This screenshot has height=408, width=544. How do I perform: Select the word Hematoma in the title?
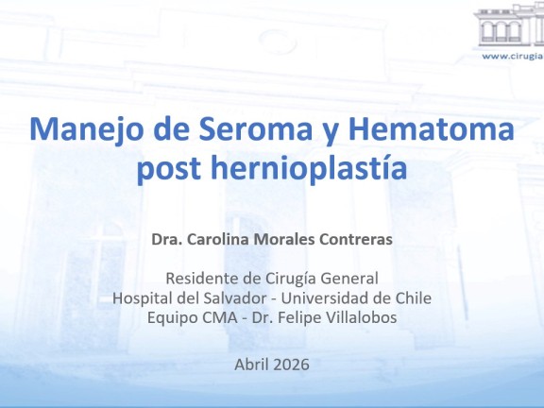tap(431, 128)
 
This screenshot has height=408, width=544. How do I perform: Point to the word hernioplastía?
tap(309, 167)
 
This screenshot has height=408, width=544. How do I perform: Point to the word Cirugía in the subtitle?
tap(291, 279)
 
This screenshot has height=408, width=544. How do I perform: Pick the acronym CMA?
tap(220, 317)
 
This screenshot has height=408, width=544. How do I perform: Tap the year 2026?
tap(291, 365)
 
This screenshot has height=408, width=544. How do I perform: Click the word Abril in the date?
tap(251, 365)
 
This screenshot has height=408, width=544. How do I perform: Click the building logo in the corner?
tap(510, 26)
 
